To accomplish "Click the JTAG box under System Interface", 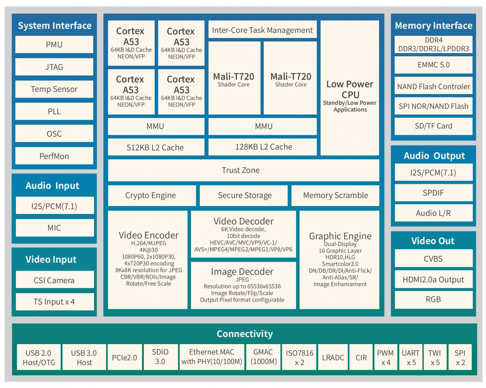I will pyautogui.click(x=54, y=67).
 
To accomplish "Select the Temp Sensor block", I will pyautogui.click(x=54, y=89).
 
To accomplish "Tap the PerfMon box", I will pyautogui.click(x=54, y=156).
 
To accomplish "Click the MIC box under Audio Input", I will pyautogui.click(x=54, y=228).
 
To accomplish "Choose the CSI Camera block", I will pyautogui.click(x=54, y=280).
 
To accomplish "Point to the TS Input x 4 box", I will pyautogui.click(x=54, y=302).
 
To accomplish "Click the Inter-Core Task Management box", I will pyautogui.click(x=262, y=30).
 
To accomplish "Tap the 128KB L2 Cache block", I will pyautogui.click(x=263, y=147).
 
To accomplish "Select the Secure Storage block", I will pyautogui.click(x=244, y=196).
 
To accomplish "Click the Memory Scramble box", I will pyautogui.click(x=335, y=196).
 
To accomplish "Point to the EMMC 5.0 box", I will pyautogui.click(x=433, y=65).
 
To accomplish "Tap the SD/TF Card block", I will pyautogui.click(x=433, y=126).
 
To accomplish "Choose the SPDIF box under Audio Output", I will pyautogui.click(x=433, y=193).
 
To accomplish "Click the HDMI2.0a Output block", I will pyautogui.click(x=433, y=280).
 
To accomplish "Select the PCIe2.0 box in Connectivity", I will pyautogui.click(x=124, y=357).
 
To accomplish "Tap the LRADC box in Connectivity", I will pyautogui.click(x=333, y=357).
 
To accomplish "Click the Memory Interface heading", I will pyautogui.click(x=433, y=26).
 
